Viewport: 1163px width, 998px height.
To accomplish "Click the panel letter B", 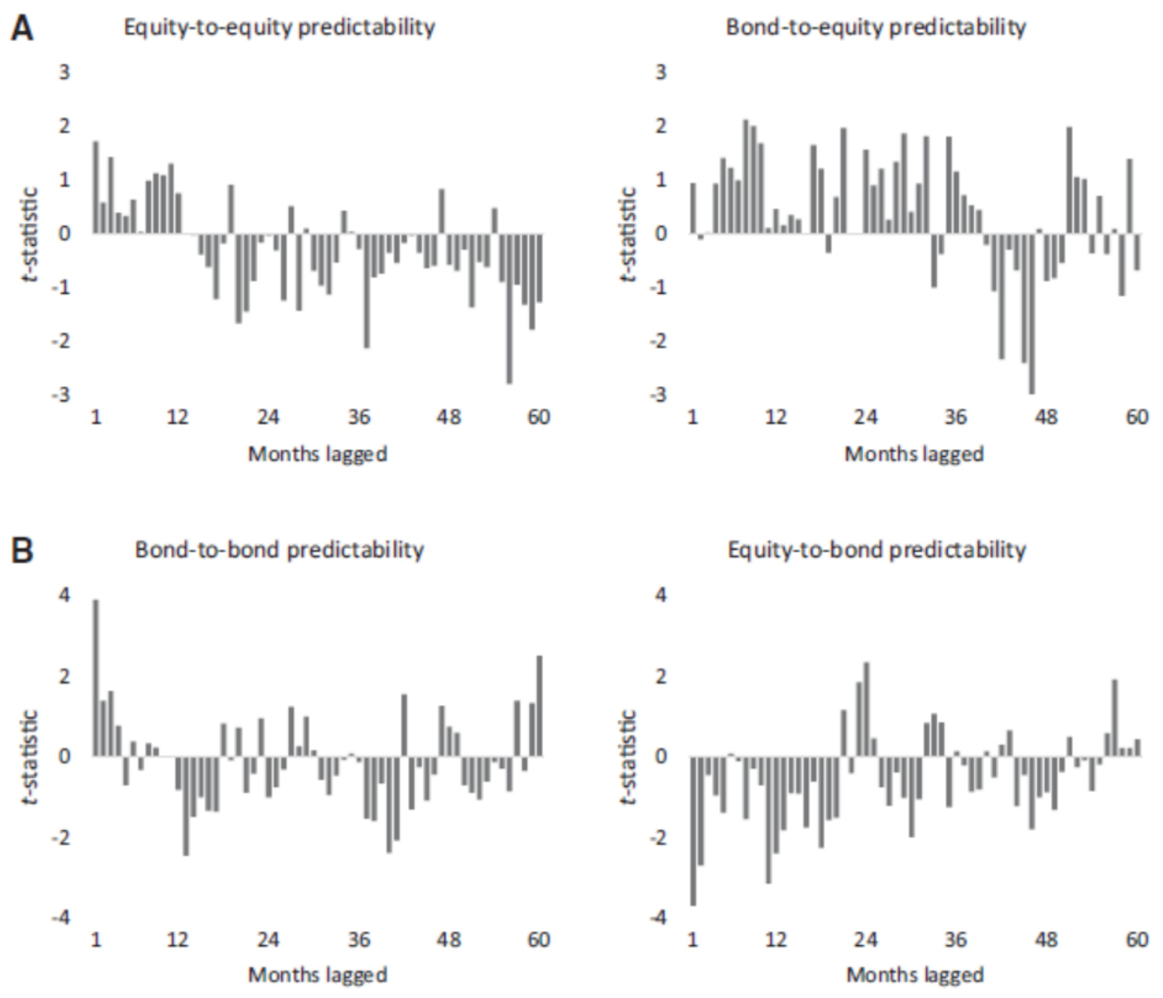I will (x=23, y=551).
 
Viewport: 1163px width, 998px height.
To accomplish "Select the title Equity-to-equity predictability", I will (x=279, y=27).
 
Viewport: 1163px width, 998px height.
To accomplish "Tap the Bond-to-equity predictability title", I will (x=876, y=27).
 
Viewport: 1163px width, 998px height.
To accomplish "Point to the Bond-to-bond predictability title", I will (x=279, y=550).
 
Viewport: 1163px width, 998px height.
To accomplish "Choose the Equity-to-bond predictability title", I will (x=876, y=550).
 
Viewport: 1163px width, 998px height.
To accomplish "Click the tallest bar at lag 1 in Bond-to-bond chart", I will (x=96, y=677).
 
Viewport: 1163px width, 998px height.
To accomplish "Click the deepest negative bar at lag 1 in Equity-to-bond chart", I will (x=693, y=830).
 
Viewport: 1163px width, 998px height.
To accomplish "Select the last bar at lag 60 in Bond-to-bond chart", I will (x=539, y=706).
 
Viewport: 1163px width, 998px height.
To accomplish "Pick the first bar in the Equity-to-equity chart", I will (x=96, y=187).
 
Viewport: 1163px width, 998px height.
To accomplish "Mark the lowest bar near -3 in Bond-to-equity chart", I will (x=1032, y=313).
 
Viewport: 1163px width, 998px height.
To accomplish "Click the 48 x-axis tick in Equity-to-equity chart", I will (x=449, y=417).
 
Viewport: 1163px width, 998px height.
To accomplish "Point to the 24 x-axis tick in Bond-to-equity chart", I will (x=865, y=417).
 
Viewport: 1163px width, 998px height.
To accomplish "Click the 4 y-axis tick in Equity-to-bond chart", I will (x=661, y=595).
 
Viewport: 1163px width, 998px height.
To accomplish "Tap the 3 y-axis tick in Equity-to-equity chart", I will (x=64, y=72).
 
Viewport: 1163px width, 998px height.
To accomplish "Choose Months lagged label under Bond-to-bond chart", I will (x=317, y=975).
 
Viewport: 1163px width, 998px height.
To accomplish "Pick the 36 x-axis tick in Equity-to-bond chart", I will (x=956, y=940).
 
